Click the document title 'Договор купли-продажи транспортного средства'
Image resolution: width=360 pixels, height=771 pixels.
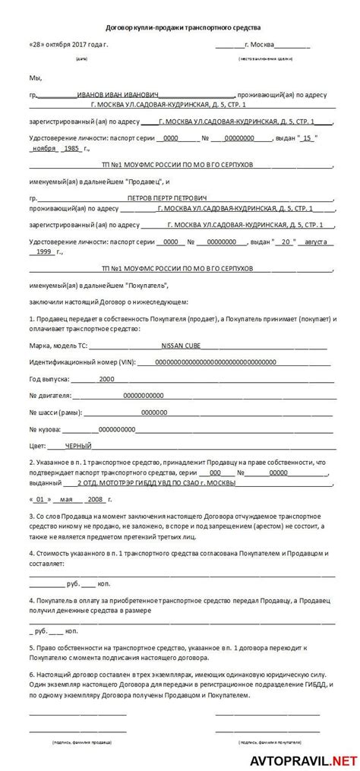point(180,26)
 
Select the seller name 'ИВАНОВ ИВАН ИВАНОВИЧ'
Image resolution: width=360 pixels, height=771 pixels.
point(117,95)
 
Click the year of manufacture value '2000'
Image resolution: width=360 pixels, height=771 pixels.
point(106,378)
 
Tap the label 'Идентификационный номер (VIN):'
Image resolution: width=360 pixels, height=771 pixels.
point(78,362)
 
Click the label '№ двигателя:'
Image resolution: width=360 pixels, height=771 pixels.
point(50,395)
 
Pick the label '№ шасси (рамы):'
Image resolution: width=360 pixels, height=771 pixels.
point(55,412)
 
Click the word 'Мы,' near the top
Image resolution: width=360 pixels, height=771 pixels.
point(36,78)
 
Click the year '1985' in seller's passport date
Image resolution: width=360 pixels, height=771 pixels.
point(93,149)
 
